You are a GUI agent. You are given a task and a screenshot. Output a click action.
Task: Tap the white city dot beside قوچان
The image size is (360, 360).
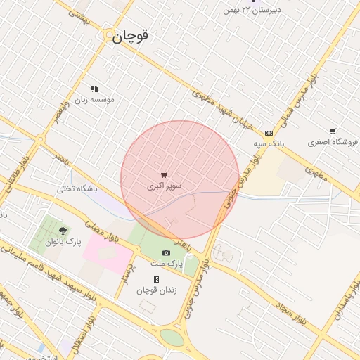(x=108, y=36)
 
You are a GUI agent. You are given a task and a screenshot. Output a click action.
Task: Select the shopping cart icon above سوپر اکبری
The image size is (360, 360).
(x=164, y=175)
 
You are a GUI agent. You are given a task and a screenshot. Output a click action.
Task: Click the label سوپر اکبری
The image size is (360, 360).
(x=165, y=186)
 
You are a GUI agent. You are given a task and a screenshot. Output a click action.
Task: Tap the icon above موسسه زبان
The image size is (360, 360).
(x=94, y=89)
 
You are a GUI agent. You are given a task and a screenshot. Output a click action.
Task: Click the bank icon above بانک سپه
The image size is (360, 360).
(x=269, y=132)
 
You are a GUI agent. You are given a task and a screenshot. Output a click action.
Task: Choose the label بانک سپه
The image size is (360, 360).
(x=269, y=143)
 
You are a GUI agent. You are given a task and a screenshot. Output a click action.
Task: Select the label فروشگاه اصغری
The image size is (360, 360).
(x=333, y=141)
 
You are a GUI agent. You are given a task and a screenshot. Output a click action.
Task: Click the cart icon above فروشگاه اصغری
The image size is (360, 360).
(x=333, y=131)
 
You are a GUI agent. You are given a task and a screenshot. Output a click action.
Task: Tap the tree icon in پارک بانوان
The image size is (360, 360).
(x=63, y=231)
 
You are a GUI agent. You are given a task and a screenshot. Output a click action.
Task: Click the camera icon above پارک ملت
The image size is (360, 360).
(x=166, y=252)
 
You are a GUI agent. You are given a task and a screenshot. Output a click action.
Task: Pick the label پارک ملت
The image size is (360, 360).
(x=166, y=263)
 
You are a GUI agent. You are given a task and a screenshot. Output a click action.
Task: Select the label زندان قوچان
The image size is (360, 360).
(x=156, y=290)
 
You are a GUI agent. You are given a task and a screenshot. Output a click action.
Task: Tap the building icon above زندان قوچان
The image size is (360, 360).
(x=156, y=279)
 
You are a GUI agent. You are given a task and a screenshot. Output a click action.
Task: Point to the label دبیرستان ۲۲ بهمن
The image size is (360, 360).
(x=251, y=10)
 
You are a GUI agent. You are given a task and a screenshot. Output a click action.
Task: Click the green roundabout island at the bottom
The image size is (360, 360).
(x=172, y=337)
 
